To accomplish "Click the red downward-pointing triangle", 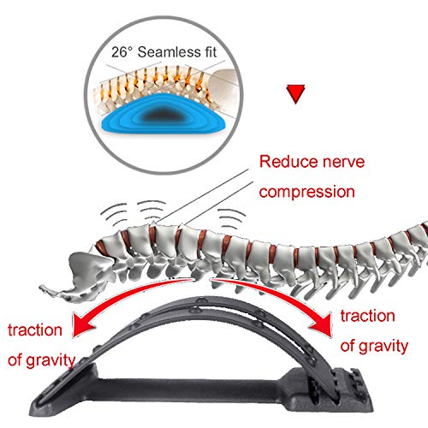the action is tap(295, 92).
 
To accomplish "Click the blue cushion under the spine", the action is tap(164, 114).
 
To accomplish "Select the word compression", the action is tap(307, 192).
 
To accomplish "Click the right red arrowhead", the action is tap(323, 324).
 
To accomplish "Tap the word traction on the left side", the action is tap(35, 330).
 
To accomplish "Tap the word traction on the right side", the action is tap(368, 316).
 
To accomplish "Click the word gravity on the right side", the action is tap(383, 347).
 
